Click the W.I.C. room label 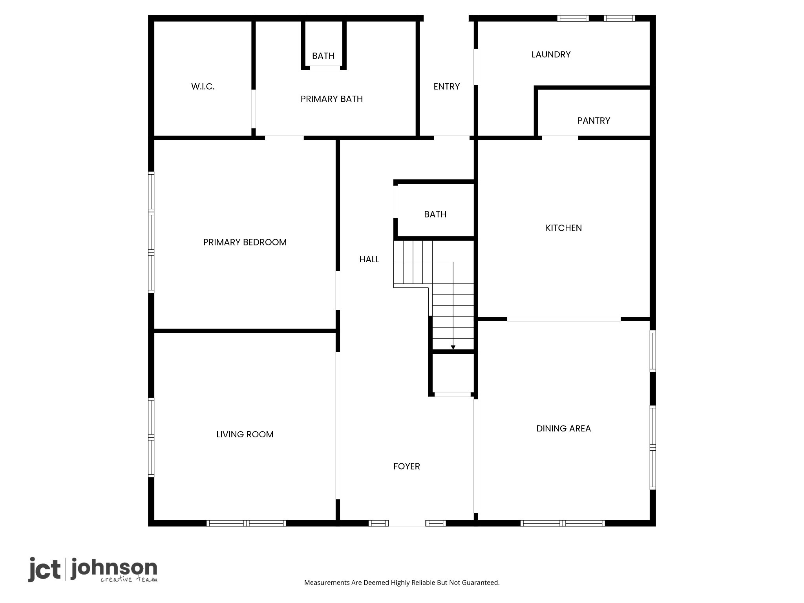203,87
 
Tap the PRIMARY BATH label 332,99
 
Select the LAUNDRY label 551,55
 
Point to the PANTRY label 594,121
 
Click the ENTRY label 447,86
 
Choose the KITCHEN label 564,228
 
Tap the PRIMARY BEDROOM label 245,242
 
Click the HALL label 369,259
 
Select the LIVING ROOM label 245,434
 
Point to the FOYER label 407,466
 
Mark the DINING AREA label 564,428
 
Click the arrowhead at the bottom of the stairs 453,347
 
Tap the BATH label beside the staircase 435,214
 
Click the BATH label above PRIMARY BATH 323,56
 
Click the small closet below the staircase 453,373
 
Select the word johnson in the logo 114,568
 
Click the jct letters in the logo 44,569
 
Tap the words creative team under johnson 129,579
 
